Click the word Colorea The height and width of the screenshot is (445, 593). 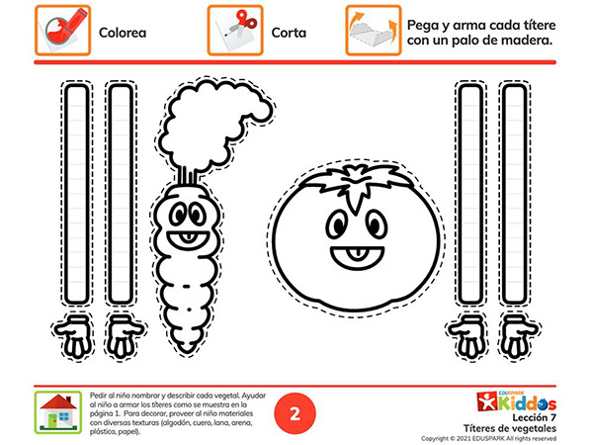123,33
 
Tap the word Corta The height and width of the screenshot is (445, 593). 289,33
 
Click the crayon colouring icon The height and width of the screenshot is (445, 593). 63,31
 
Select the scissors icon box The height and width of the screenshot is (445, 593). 235,31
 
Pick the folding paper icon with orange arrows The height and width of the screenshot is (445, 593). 374,31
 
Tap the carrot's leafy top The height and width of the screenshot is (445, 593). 213,125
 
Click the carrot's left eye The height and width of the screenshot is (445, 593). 179,215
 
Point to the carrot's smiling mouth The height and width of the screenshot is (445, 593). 188,240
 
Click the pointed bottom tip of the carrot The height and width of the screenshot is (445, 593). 187,353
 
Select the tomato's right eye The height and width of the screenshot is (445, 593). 377,224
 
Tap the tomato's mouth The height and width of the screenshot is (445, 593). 358,257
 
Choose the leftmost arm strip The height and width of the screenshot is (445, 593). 77,194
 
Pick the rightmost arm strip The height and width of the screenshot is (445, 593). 515,194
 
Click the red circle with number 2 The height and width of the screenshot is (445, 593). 295,413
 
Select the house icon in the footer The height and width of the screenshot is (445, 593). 58,412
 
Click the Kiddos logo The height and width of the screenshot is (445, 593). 517,401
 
